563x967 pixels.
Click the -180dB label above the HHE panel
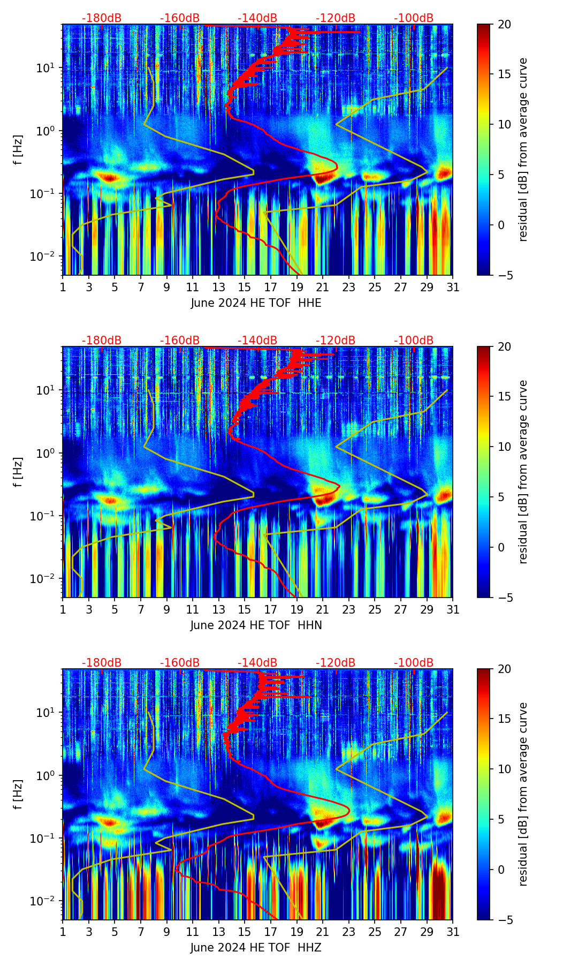pos(102,18)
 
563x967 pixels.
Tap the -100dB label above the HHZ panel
pos(414,663)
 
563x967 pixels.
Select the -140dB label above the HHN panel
pos(257,341)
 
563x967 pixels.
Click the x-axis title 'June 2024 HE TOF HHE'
pos(256,303)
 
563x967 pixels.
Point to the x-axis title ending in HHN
pos(256,625)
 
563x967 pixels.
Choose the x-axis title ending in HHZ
pos(256,948)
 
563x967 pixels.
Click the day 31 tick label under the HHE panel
pos(453,288)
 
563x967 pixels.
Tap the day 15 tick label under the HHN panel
pos(245,610)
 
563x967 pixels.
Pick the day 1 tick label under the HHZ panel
pos(63,932)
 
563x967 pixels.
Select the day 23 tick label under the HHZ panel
pos(349,932)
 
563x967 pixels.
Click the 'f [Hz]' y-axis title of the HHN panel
pos(18,472)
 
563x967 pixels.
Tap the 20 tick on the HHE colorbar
pos(504,25)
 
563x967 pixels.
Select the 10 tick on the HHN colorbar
pos(504,447)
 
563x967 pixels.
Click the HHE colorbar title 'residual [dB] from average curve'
pos(523,149)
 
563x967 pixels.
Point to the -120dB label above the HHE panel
pos(336,18)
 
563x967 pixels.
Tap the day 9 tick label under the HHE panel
pos(166,288)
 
